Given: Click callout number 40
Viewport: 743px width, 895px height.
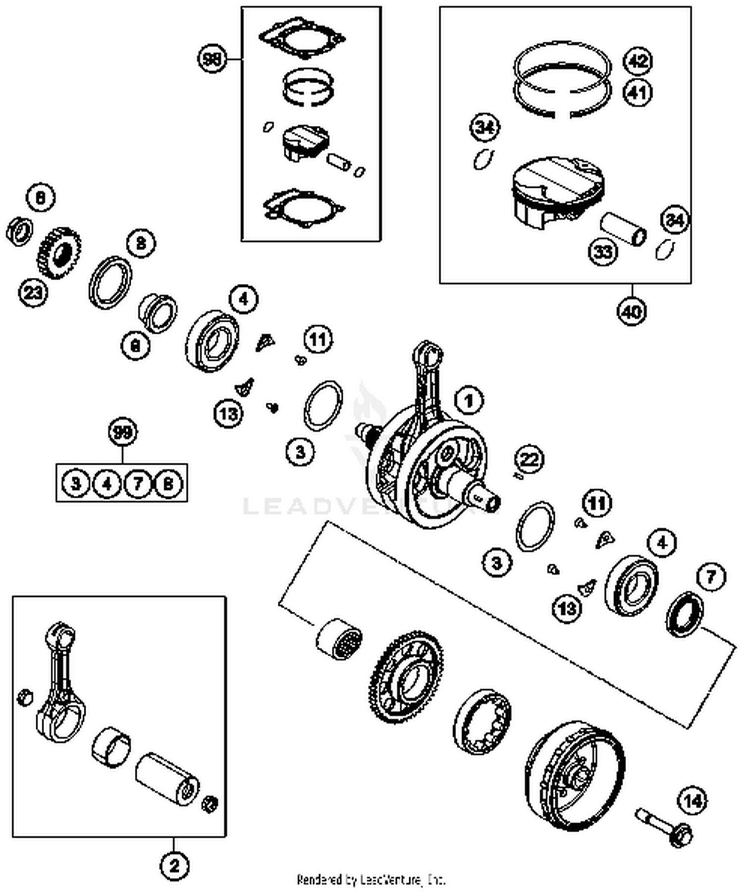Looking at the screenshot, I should (632, 312).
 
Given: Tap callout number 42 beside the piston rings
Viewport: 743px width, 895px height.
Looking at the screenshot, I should (638, 60).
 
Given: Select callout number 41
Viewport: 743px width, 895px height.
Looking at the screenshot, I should (638, 93).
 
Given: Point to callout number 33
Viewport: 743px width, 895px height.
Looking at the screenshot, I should (603, 252).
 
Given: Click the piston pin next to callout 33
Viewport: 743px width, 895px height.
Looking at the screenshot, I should (624, 229).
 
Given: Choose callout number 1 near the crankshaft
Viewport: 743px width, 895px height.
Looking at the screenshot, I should (469, 400).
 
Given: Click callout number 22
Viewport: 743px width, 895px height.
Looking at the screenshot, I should (529, 459).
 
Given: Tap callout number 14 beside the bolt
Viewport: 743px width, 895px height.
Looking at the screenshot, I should (692, 801).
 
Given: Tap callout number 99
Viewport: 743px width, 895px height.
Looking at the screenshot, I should (122, 433).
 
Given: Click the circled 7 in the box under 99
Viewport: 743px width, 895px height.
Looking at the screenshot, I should (138, 483).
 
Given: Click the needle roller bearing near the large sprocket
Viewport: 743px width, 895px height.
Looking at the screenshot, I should (339, 638).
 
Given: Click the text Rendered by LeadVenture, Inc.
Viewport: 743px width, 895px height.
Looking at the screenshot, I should (371, 880).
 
